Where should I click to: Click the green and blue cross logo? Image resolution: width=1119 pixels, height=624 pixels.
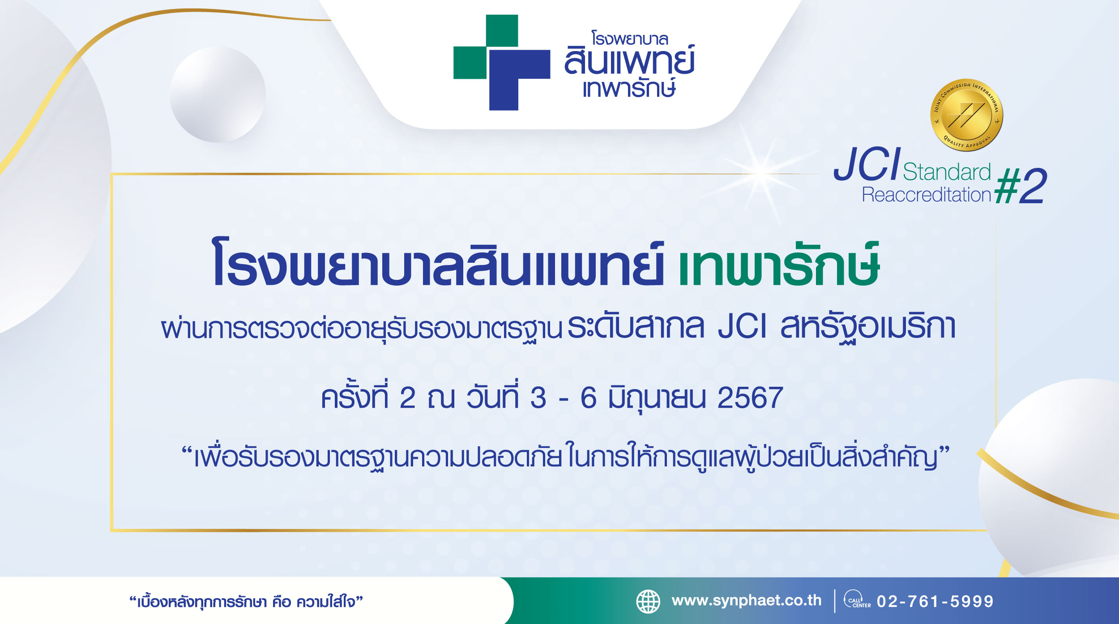(x=502, y=63)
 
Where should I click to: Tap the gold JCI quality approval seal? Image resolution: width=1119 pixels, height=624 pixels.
(x=966, y=115)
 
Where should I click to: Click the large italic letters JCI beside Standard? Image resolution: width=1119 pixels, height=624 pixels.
(x=867, y=164)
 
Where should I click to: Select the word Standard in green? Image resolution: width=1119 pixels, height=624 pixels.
(x=947, y=172)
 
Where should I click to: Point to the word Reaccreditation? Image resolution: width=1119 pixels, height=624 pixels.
(x=927, y=195)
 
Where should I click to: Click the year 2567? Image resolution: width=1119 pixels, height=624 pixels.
(x=750, y=397)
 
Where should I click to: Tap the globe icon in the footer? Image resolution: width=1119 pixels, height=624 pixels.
(x=648, y=601)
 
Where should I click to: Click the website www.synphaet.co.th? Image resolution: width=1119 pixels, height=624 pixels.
(x=747, y=601)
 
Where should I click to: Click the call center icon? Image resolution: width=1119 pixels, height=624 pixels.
(x=857, y=599)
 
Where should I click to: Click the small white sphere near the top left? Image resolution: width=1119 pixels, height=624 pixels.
(x=218, y=94)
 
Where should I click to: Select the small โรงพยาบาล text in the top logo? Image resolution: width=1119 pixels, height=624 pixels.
(x=630, y=38)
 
